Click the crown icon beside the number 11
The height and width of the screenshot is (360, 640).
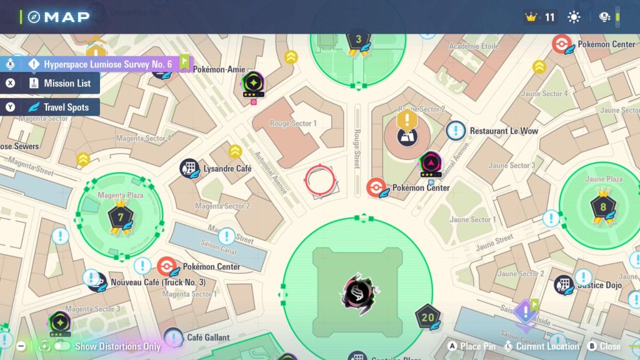click(x=532, y=17)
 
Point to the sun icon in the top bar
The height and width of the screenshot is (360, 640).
click(x=574, y=17)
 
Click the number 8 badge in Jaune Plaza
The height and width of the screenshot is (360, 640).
click(x=602, y=206)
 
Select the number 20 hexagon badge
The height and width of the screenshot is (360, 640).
click(x=428, y=317)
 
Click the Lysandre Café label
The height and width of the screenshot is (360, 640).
click(x=227, y=169)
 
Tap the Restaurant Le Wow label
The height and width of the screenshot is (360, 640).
click(x=504, y=131)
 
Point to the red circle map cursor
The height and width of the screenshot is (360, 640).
click(x=320, y=181)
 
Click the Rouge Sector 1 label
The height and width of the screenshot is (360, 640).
click(x=293, y=124)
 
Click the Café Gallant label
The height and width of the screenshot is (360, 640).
click(x=208, y=337)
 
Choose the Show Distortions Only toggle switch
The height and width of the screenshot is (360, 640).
click(x=61, y=346)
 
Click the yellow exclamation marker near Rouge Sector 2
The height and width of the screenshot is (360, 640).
click(x=407, y=119)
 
